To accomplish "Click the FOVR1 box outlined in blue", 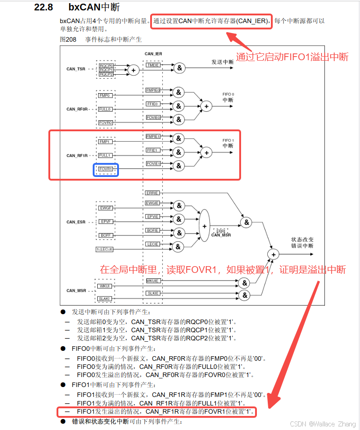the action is tap(106, 170).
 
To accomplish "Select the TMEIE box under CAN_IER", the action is tap(152, 65).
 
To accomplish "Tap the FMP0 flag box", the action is tap(105, 96).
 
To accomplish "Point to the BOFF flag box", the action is tap(105, 235).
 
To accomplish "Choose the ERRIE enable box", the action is tap(152, 193).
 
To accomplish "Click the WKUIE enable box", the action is tap(152, 281).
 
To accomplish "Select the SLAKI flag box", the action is tap(105, 299).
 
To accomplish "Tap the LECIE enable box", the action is tap(152, 244).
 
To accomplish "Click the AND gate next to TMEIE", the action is tap(180, 68).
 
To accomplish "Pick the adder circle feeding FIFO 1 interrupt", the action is tap(206, 153).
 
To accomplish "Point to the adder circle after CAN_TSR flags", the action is tap(133, 70).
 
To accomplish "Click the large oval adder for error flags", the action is tap(204, 225).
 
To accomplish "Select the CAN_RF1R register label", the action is tap(77, 155).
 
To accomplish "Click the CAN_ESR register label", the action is tap(76, 222).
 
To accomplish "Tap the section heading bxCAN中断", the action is tap(94, 8).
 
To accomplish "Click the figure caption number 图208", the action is tap(68, 39).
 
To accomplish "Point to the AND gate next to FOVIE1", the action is tap(179, 166).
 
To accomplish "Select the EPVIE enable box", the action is tap(152, 217).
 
